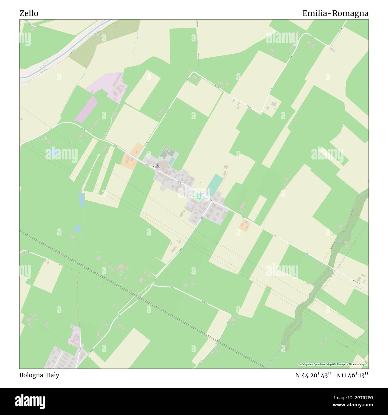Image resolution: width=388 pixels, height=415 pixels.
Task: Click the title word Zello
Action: pos(29,13)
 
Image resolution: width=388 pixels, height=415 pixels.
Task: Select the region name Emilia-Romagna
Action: pos(335,13)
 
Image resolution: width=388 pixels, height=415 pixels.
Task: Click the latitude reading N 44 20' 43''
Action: pos(313,375)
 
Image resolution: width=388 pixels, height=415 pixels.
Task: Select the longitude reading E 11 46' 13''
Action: pos(352,375)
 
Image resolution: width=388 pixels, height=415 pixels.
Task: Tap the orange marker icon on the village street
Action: pos(166,173)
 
